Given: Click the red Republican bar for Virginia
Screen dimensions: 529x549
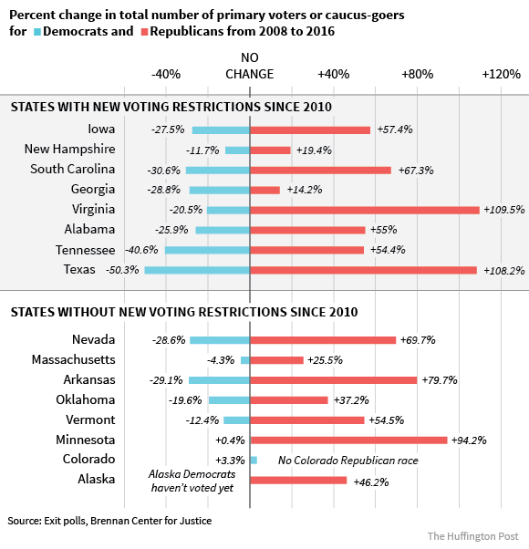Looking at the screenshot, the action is [x=365, y=210].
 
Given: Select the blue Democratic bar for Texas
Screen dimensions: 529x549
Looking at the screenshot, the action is [x=197, y=270].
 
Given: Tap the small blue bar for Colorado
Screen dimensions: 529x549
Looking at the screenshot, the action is [x=254, y=461].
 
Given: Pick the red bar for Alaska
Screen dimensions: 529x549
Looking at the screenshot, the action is [x=298, y=481].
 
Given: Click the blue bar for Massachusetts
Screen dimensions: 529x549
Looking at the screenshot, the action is [x=245, y=360].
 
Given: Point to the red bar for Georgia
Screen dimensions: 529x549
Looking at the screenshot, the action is [x=265, y=190].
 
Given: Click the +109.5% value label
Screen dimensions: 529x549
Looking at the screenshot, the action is [x=504, y=210].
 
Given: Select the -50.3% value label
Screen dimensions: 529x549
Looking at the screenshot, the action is [x=122, y=270].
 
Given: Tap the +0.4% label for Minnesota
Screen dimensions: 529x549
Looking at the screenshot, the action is [x=230, y=440].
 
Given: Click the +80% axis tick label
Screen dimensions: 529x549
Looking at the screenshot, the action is [x=418, y=74].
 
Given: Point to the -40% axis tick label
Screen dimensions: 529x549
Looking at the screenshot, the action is [x=166, y=74].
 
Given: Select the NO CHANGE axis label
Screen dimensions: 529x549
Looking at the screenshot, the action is [x=250, y=66].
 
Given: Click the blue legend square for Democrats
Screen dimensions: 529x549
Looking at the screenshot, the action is [x=37, y=32].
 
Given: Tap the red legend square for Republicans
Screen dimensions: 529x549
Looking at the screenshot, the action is [x=145, y=32].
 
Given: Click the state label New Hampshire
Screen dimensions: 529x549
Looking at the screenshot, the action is [x=69, y=149].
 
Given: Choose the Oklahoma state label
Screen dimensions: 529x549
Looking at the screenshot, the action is [x=86, y=399].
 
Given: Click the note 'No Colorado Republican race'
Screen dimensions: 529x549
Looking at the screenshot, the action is [x=348, y=461].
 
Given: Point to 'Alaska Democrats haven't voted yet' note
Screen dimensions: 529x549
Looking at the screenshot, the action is [x=192, y=481].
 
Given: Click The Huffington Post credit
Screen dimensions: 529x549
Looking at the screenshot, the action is [x=473, y=536].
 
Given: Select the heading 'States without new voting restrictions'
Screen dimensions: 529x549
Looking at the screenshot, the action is [x=184, y=312].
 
